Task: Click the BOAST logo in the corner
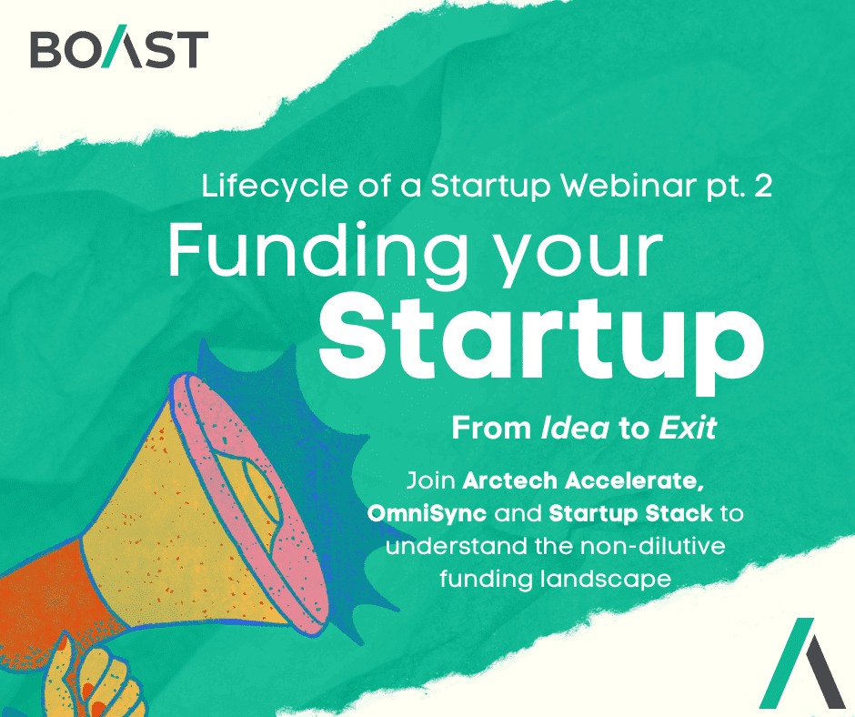118,49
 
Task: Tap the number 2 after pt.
761,187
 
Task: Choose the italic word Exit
688,429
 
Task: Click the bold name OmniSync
427,514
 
